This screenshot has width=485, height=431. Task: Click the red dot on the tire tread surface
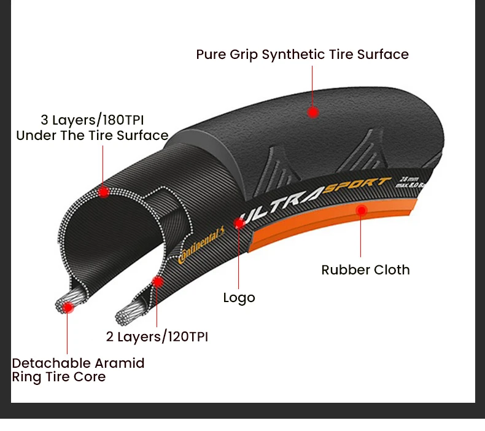tap(313, 112)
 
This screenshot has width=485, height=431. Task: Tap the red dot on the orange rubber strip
tap(362, 211)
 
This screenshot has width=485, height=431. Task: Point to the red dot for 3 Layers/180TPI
tap(104, 192)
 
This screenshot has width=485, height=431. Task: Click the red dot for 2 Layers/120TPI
tap(157, 282)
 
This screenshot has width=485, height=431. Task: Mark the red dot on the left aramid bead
tap(68, 306)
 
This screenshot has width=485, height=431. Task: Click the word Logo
tap(239, 298)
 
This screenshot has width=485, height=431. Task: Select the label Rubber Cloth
tap(365, 270)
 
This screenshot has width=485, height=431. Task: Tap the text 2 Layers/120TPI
tap(157, 336)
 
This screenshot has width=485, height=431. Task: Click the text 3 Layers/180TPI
tap(93, 119)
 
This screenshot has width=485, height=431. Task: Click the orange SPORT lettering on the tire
tap(357, 185)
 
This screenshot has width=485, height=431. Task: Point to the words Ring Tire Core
tap(59, 377)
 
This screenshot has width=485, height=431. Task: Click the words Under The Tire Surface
tap(92, 136)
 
